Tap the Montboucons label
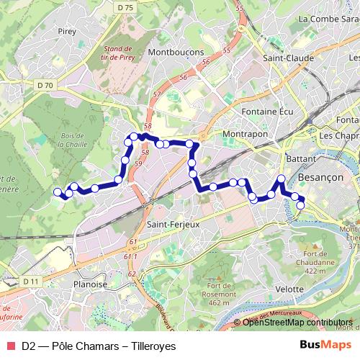pyautogui.click(x=176, y=53)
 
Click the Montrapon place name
pyautogui.click(x=245, y=134)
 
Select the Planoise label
pyautogui.click(x=90, y=284)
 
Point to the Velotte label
pyautogui.click(x=290, y=289)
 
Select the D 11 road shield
pyautogui.click(x=30, y=281)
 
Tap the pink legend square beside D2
pyautogui.click(x=9, y=346)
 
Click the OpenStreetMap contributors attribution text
pyautogui.click(x=297, y=323)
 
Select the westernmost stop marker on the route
pyautogui.click(x=58, y=192)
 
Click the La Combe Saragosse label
pyautogui.click(x=329, y=19)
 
